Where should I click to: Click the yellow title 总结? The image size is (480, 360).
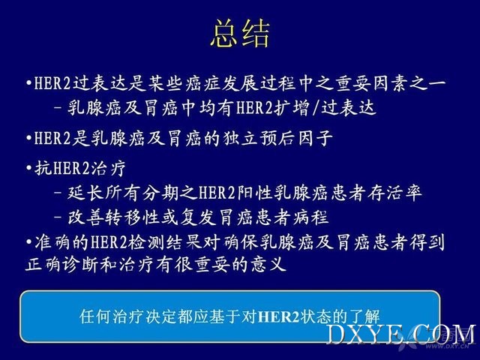pyautogui.click(x=240, y=33)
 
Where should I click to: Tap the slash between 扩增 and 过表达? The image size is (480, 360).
pyautogui.click(x=315, y=108)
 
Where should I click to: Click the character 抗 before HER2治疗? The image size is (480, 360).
pyautogui.click(x=43, y=168)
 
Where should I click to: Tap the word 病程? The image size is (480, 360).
pyautogui.click(x=310, y=217)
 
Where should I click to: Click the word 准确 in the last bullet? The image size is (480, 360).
pyautogui.click(x=52, y=242)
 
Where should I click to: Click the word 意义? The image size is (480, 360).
pyautogui.click(x=268, y=265)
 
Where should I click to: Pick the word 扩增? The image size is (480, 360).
pyautogui.click(x=290, y=108)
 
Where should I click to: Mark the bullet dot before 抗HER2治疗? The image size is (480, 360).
pyautogui.click(x=29, y=168)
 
